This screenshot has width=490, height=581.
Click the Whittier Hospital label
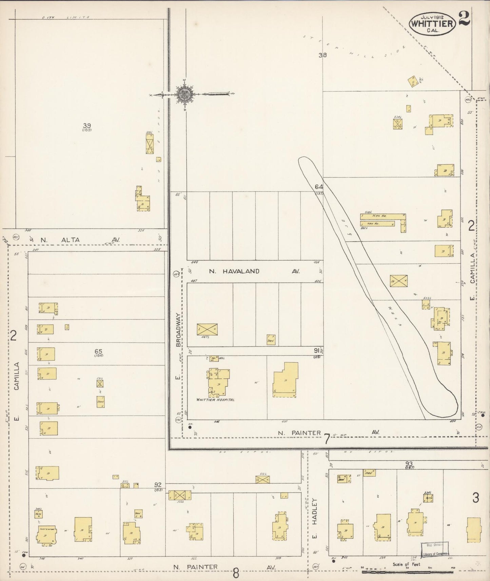tap(215, 400)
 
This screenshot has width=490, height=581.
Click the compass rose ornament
tap(184, 94)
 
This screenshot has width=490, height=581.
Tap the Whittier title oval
tap(432, 24)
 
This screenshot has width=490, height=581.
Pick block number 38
tap(322, 55)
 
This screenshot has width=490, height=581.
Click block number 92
tap(158, 485)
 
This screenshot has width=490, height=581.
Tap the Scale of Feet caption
tap(406, 565)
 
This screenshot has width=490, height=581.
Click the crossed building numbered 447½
tap(207, 329)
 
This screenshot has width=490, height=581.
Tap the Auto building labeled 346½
tap(38, 514)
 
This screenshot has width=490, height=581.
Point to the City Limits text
tap(66, 17)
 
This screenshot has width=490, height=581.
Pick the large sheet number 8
tap(236, 574)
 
